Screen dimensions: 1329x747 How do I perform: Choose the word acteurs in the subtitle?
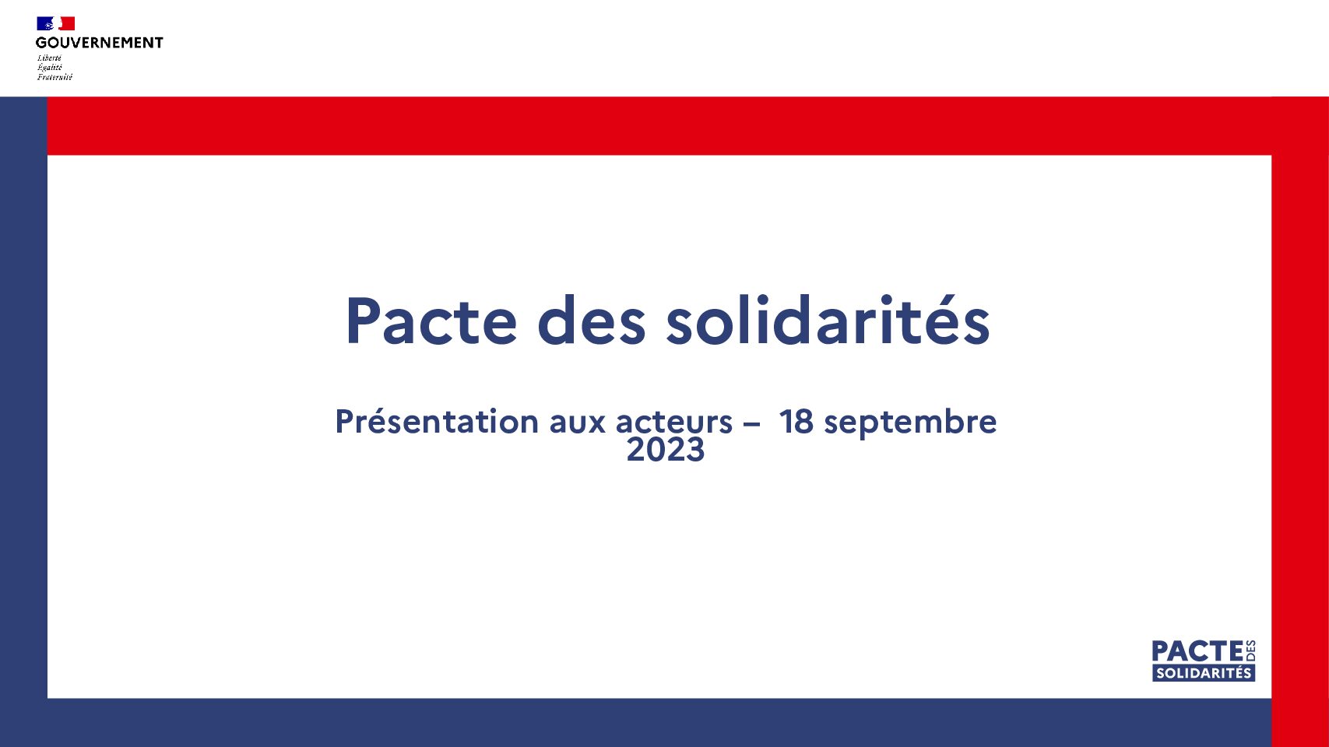[x=674, y=422]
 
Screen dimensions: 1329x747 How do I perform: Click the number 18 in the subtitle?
[x=796, y=422]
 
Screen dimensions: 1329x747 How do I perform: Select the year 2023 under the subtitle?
[x=665, y=450]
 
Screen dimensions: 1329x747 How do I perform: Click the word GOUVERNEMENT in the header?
[x=99, y=43]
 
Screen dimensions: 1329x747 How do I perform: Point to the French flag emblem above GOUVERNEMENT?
[x=56, y=23]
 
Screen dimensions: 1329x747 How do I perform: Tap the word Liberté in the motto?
[x=49, y=58]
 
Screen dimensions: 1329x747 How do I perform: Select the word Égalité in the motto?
[x=49, y=67]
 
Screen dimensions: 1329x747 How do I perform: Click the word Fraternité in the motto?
[x=54, y=77]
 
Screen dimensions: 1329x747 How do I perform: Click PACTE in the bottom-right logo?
[x=1197, y=651]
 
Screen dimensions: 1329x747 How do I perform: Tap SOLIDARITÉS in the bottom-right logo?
[x=1204, y=673]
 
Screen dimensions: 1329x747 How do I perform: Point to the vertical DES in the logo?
[x=1250, y=651]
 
